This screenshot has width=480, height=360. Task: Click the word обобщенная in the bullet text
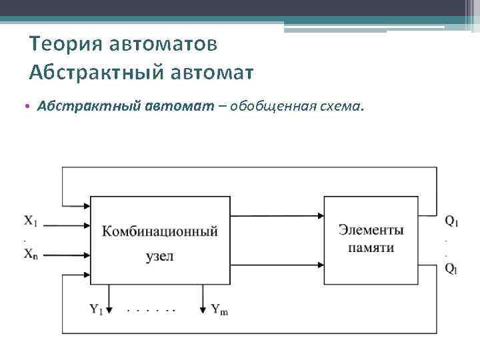pyautogui.click(x=270, y=107)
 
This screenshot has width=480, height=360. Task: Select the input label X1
pyautogui.click(x=31, y=220)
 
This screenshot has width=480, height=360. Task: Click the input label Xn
pyautogui.click(x=31, y=253)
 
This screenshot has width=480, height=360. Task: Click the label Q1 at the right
pyautogui.click(x=451, y=220)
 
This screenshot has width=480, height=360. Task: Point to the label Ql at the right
pyautogui.click(x=451, y=269)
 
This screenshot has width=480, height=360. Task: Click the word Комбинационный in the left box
pyautogui.click(x=160, y=232)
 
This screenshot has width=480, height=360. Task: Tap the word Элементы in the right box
pyautogui.click(x=371, y=230)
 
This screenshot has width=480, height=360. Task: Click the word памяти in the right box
pyautogui.click(x=371, y=247)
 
